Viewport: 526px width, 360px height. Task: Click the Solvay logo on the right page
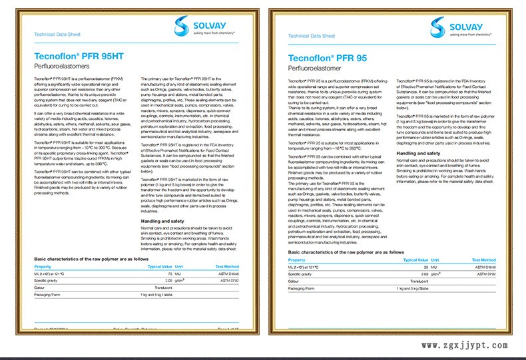pyautogui.click(x=455, y=27)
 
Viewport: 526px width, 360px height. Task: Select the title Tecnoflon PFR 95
pyautogui.click(x=327, y=59)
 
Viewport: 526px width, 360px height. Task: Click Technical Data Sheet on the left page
pyautogui.click(x=53, y=33)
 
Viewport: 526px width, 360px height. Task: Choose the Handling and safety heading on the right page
pyautogui.click(x=421, y=153)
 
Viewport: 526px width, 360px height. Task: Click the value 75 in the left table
pyautogui.click(x=170, y=273)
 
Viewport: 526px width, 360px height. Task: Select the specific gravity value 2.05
pyautogui.click(x=168, y=281)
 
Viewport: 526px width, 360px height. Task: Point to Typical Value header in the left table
pyautogui.click(x=159, y=266)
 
